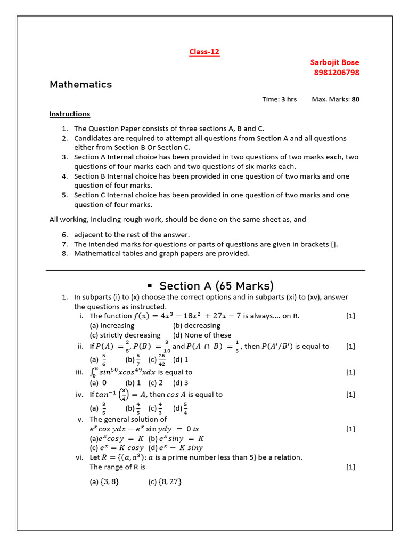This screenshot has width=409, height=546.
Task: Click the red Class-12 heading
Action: [x=204, y=52]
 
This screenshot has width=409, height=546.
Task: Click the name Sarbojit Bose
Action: [x=334, y=62]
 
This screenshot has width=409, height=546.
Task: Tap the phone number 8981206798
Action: [x=334, y=73]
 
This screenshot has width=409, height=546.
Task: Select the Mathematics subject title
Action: [x=80, y=84]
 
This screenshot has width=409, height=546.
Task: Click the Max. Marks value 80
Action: [x=355, y=99]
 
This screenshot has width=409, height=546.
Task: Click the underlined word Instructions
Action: [x=70, y=114]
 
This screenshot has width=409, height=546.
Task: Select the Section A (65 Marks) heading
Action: [x=217, y=285]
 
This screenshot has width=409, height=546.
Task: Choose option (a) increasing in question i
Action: [x=112, y=325]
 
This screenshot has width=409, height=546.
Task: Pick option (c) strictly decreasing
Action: [x=125, y=335]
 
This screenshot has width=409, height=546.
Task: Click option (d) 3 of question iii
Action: [x=181, y=382]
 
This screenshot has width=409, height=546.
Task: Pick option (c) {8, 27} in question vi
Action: [x=165, y=481]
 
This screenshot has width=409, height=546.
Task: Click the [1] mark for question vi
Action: [x=350, y=467]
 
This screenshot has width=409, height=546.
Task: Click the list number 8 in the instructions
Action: [x=64, y=253]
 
